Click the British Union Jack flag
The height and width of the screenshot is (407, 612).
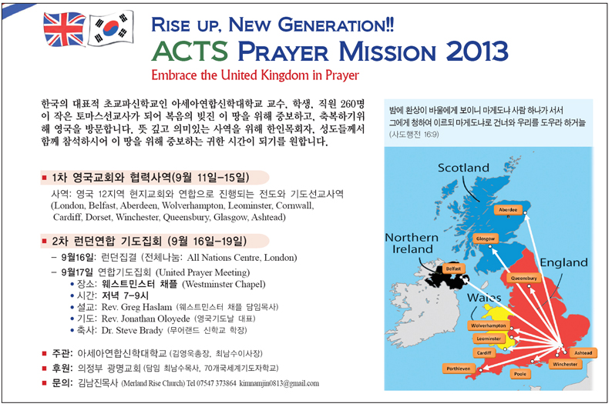65,29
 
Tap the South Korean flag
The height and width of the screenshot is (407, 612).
111,27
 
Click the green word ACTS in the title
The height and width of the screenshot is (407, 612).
190,51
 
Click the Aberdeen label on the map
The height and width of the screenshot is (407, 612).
508,210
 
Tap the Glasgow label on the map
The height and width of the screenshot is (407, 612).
485,239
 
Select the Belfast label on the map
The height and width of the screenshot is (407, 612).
453,269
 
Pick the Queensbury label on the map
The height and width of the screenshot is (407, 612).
524,278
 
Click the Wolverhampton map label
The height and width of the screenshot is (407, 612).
488,325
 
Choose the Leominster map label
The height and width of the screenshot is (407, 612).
489,339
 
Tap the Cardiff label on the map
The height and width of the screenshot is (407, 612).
484,353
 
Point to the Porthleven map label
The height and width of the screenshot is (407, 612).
458,369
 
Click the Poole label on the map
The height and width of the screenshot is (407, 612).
520,374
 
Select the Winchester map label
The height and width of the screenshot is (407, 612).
565,364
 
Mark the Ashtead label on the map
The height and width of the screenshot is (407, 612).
583,353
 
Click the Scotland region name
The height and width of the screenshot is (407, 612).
463,168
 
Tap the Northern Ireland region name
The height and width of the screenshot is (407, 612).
412,243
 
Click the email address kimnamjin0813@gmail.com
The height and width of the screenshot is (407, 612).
279,384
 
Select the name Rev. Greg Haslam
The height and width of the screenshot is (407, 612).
136,307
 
